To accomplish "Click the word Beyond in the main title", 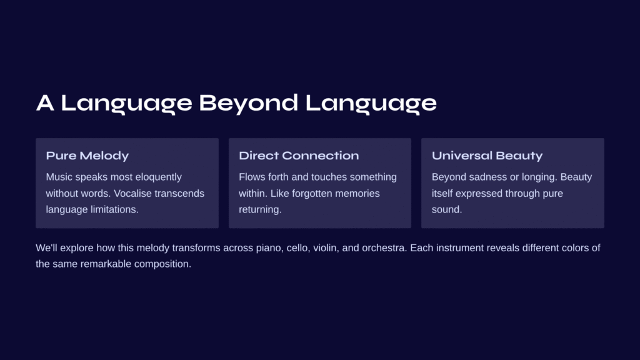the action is pos(249,103).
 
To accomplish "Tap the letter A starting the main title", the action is pos(45,102).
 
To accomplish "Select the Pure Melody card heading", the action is pos(87,156).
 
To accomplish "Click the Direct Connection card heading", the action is pos(299,156).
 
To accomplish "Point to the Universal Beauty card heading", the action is pos(487,156).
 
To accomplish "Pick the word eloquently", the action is pos(158,177).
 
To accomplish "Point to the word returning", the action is pos(260,210).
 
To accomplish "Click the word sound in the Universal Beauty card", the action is pos(447,209).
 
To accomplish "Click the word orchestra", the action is pos(384,247).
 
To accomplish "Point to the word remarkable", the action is pos(106,264).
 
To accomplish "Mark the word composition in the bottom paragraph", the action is pos(162,264).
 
